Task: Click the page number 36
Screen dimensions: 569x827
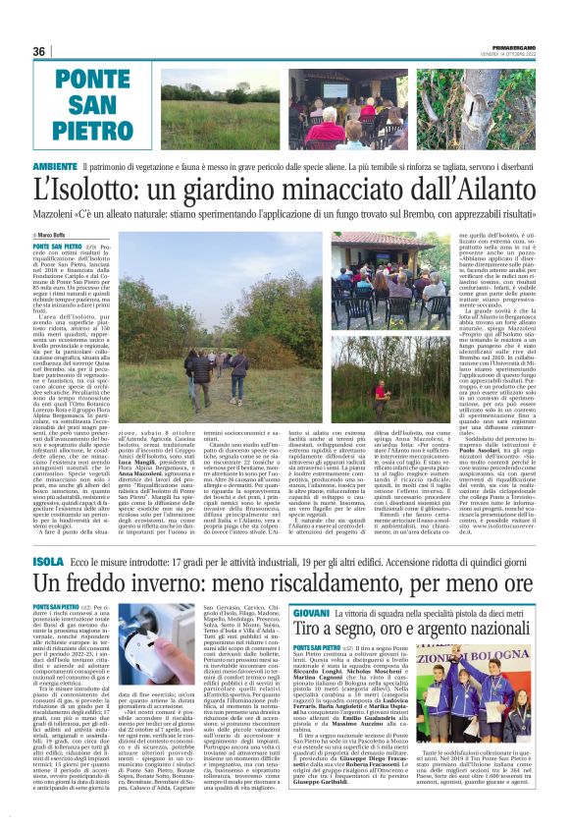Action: tap(39, 52)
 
